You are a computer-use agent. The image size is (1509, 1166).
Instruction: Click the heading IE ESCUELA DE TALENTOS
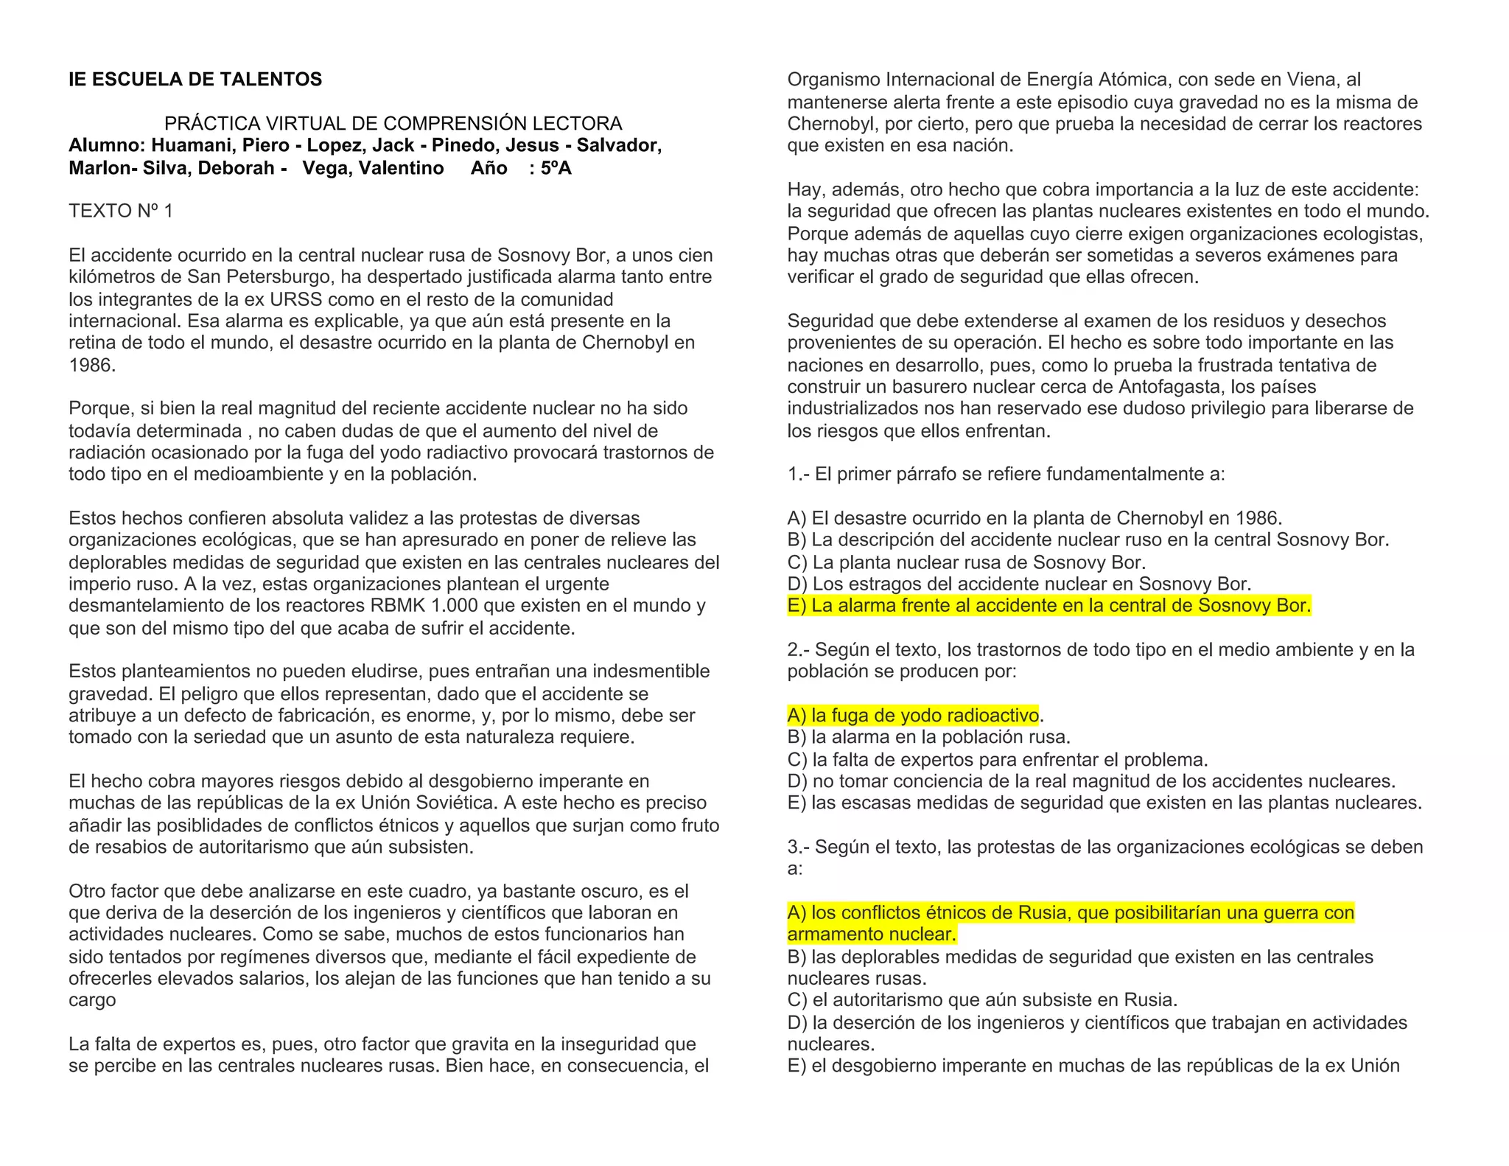195,80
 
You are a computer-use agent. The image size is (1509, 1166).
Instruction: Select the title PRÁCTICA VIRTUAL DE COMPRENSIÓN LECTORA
393,123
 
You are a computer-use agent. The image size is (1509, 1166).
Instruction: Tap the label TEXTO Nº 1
121,212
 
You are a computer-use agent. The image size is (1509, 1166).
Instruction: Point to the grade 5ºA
556,168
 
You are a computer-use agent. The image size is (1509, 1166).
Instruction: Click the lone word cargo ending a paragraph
92,1000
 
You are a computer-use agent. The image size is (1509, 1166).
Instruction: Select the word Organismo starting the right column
833,80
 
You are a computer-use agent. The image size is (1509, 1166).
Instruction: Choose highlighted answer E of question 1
1049,606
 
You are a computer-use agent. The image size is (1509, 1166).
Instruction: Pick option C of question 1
966,562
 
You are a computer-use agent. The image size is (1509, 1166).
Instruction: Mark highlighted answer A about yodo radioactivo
913,715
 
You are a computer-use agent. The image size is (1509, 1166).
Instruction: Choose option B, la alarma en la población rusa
928,737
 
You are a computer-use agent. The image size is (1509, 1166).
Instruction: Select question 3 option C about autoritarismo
981,1000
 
